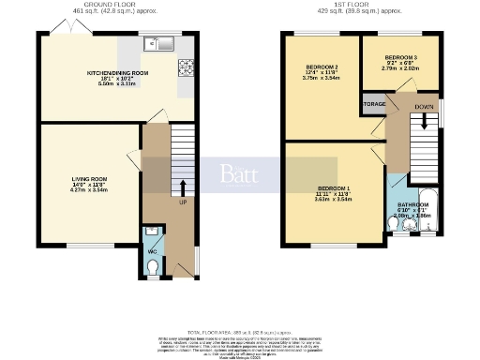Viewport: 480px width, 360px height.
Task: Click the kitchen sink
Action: point(156,43)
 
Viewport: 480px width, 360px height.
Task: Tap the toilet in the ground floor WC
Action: point(154,268)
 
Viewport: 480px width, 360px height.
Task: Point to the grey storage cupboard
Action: point(372,104)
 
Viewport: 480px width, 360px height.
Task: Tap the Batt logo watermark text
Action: point(238,173)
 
